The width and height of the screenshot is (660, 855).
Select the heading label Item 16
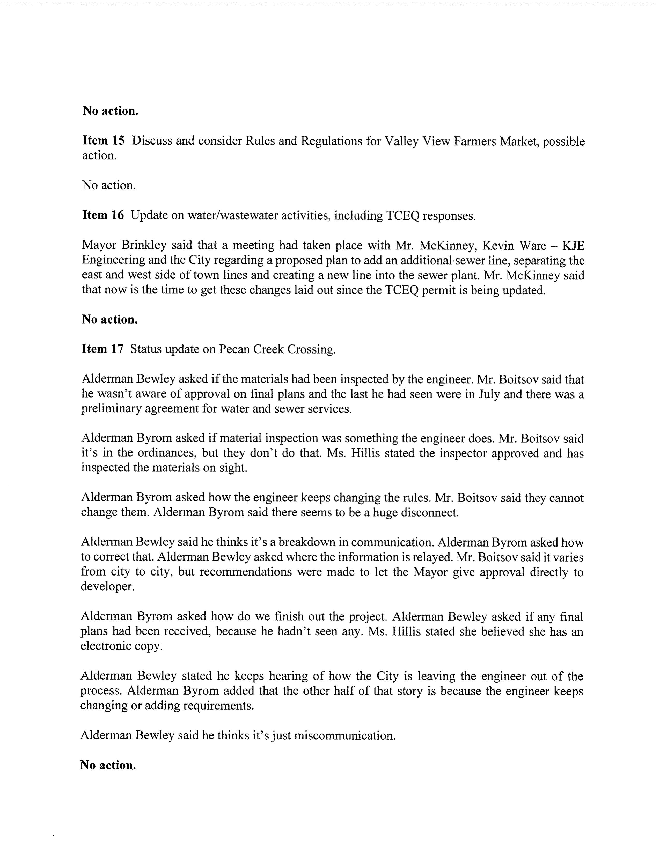point(103,215)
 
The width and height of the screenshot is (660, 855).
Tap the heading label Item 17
point(102,349)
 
